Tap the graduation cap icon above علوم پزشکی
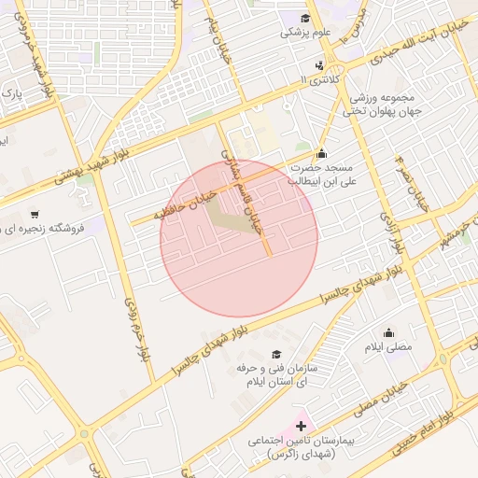[x=304, y=17]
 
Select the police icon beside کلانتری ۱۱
[x=321, y=65]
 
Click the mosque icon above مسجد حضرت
[x=322, y=153]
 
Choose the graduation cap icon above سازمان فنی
[x=275, y=355]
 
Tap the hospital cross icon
[x=301, y=426]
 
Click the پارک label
[x=10, y=94]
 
